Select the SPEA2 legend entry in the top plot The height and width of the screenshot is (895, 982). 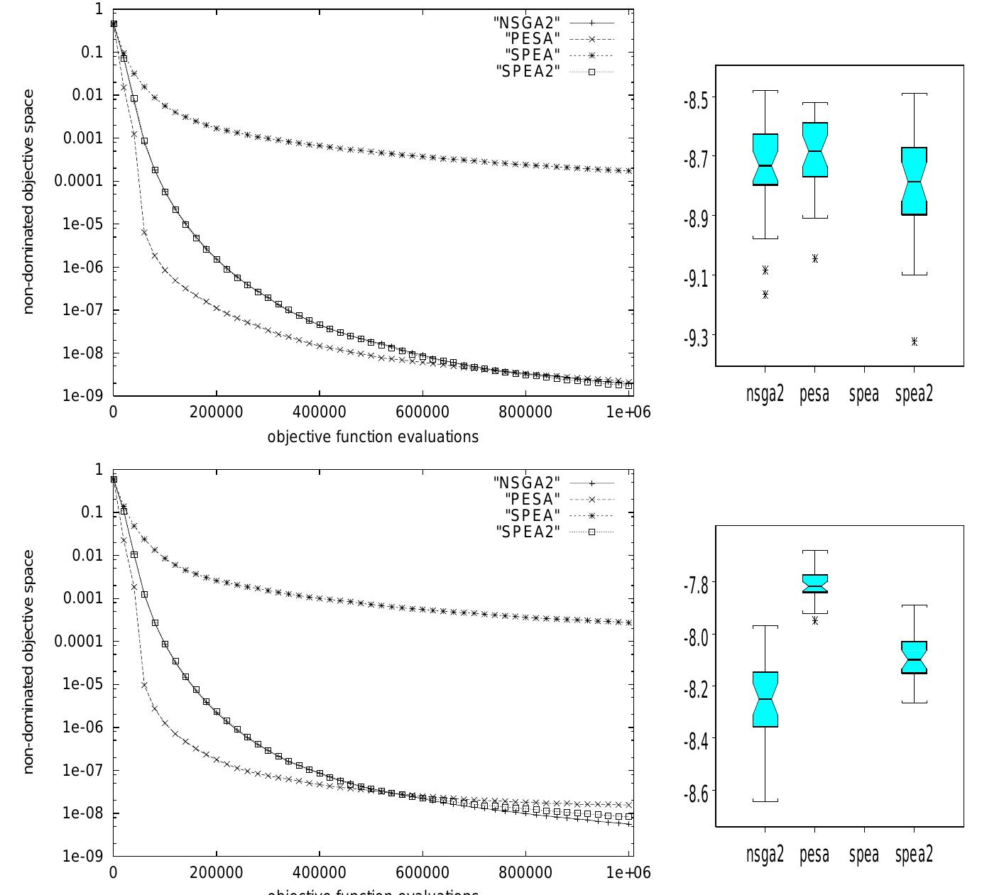tap(528, 70)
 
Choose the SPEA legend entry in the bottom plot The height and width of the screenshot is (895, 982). tap(533, 515)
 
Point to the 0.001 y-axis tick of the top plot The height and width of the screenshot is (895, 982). tap(83, 138)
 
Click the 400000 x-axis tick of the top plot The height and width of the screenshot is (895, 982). tap(320, 412)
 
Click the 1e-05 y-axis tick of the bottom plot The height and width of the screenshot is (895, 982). tap(83, 684)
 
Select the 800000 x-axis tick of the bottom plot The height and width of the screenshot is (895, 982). tap(525, 872)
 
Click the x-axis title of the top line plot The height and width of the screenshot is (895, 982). tap(373, 436)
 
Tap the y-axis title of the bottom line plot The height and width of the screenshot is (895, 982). tap(28, 661)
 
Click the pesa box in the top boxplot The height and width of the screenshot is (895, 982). tap(815, 150)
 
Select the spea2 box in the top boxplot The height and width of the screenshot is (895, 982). tap(915, 180)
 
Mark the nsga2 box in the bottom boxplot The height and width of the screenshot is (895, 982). tap(765, 699)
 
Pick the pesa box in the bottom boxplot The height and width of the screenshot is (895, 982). tap(815, 583)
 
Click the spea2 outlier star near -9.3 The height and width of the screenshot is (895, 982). tap(915, 341)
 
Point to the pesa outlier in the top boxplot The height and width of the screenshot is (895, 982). tap(815, 258)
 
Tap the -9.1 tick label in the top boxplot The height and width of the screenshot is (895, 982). tap(695, 278)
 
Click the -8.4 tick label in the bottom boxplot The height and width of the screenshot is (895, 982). tap(695, 741)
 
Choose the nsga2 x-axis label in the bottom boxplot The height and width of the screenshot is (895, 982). tap(765, 855)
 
